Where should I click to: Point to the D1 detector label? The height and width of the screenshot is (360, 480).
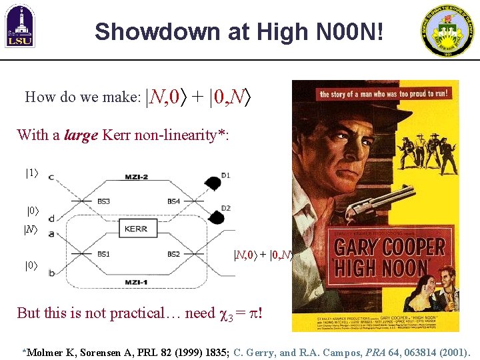click(226, 175)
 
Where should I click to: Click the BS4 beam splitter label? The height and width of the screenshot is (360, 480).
click(174, 201)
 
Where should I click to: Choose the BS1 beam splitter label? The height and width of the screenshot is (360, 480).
click(103, 253)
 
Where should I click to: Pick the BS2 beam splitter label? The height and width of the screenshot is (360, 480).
click(173, 254)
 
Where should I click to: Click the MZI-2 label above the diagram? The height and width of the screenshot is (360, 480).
click(137, 177)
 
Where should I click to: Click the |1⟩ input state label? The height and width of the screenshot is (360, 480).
click(31, 173)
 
